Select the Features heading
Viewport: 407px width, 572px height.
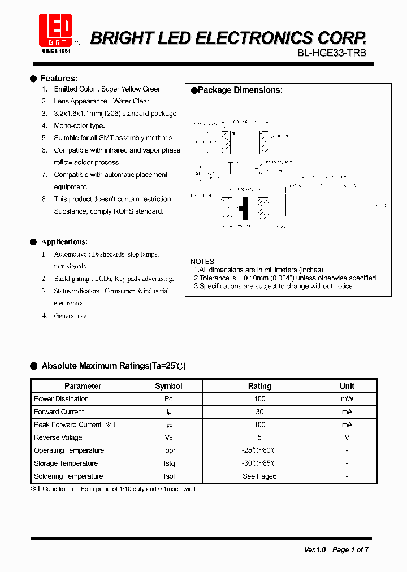[x=59, y=79]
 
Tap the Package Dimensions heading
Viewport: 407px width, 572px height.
[x=240, y=90]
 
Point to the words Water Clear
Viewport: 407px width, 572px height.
[x=131, y=101]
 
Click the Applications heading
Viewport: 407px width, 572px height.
[x=64, y=242]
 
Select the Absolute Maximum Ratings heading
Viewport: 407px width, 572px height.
[x=114, y=366]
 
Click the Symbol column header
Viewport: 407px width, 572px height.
[x=168, y=386]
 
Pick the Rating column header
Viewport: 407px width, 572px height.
[x=259, y=386]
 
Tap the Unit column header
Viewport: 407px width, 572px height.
[x=347, y=386]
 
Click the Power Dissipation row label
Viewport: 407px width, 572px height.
[x=61, y=399]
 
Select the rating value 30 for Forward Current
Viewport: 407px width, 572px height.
[x=259, y=412]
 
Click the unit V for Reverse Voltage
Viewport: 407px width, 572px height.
[x=347, y=437]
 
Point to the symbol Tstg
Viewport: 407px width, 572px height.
[x=168, y=463]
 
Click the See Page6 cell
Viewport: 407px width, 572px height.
[x=259, y=476]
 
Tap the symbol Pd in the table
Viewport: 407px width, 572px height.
[x=168, y=399]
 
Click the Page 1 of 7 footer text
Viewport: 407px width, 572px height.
[x=350, y=549]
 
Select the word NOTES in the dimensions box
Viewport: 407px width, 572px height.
[x=203, y=262]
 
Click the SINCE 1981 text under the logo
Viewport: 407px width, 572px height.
[x=57, y=51]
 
